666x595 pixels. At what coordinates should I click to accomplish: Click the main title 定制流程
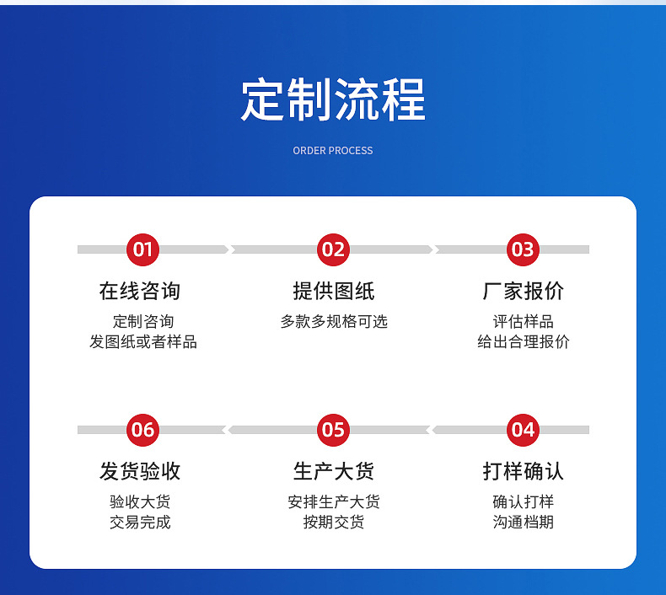[x=333, y=100]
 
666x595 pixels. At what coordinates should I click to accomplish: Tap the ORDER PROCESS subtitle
[x=333, y=151]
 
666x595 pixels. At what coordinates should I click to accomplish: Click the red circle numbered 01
[x=142, y=249]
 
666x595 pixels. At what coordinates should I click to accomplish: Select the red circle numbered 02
[x=333, y=249]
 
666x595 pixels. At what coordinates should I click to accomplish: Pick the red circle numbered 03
[x=523, y=249]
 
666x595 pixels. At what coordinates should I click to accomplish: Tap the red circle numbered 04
[x=523, y=430]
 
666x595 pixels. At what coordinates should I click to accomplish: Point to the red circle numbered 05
[x=333, y=430]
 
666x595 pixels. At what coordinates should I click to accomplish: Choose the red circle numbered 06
[x=142, y=430]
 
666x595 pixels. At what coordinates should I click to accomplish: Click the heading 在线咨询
[x=140, y=292]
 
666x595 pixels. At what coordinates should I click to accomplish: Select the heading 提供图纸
[x=333, y=292]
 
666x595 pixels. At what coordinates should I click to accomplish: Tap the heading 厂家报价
[x=523, y=292]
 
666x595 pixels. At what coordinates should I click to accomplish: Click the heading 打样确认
[x=523, y=471]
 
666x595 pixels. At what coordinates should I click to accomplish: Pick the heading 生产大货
[x=333, y=471]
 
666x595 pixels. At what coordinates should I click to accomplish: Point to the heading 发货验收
[x=140, y=471]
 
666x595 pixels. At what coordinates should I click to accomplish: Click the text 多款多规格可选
[x=333, y=322]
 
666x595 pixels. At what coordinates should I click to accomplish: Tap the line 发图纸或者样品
[x=142, y=342]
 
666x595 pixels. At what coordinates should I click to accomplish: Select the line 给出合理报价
[x=523, y=342]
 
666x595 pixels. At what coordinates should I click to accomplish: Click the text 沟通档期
[x=523, y=523]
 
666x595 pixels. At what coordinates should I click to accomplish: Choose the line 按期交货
[x=333, y=523]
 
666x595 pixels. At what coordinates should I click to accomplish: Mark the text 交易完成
[x=140, y=523]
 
